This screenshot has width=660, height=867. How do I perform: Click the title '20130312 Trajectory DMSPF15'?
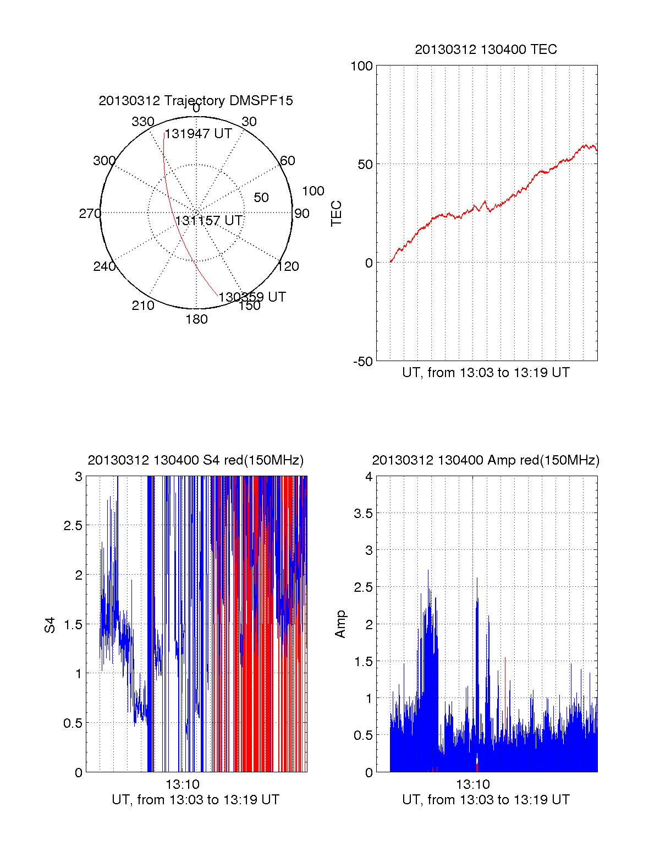pyautogui.click(x=196, y=101)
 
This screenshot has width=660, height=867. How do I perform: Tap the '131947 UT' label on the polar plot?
pyautogui.click(x=199, y=134)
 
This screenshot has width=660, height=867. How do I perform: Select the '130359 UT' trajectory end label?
pyautogui.click(x=252, y=297)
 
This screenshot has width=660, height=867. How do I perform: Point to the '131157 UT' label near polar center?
pyautogui.click(x=208, y=221)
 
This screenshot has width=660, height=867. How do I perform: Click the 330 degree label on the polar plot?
pyautogui.click(x=142, y=122)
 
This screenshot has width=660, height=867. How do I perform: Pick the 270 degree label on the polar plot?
pyautogui.click(x=90, y=214)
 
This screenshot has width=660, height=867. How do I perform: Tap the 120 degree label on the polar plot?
pyautogui.click(x=288, y=267)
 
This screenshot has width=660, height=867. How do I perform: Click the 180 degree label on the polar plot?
pyautogui.click(x=196, y=319)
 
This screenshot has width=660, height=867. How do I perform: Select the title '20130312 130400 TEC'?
pyautogui.click(x=486, y=50)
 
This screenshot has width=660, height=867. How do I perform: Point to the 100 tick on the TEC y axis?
pyautogui.click(x=361, y=66)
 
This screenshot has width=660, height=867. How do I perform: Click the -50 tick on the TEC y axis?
pyautogui.click(x=362, y=362)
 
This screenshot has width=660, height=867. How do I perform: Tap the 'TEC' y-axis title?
pyautogui.click(x=336, y=214)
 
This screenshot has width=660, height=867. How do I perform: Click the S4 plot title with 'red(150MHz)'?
pyautogui.click(x=195, y=460)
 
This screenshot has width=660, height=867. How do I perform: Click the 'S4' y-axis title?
pyautogui.click(x=50, y=625)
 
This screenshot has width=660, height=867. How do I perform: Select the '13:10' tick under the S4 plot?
pyautogui.click(x=183, y=784)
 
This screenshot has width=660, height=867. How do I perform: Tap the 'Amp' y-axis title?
pyautogui.click(x=340, y=624)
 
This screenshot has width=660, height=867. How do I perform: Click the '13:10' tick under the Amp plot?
pyautogui.click(x=473, y=784)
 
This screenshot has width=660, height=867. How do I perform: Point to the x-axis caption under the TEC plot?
pyautogui.click(x=486, y=373)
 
